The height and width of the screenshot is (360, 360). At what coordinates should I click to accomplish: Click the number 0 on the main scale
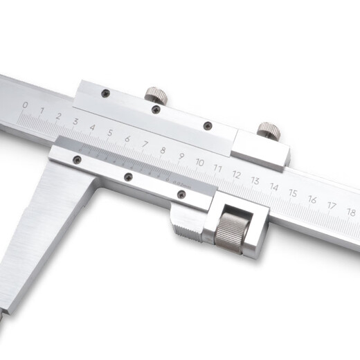pos(26,105)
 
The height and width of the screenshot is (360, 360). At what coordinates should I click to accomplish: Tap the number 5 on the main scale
pos(110,130)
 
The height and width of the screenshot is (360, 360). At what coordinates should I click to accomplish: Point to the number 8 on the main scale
pos(163,150)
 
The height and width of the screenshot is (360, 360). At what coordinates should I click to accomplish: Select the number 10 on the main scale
pos(199,162)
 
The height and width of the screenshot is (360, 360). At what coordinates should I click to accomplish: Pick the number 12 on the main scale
pos(236,174)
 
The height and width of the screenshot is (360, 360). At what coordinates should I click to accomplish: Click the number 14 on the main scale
pos(274,187)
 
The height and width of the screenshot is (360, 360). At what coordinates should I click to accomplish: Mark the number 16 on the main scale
pos(312,199)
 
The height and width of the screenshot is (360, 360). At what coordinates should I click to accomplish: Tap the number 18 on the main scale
pos(350,212)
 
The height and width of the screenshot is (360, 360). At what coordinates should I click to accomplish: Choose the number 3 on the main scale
pos(75,120)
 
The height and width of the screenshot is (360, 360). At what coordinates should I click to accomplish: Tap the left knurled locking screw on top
pos(154,93)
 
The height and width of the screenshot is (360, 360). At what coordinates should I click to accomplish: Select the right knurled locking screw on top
pos(268,129)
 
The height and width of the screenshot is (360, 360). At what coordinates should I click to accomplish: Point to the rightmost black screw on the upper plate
pos(207,125)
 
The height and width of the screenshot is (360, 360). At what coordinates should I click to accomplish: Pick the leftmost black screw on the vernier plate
pos(77,160)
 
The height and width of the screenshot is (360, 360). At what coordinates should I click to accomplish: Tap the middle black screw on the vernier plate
pos(128,177)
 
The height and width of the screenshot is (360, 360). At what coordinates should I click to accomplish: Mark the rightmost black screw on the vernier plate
pos(181,196)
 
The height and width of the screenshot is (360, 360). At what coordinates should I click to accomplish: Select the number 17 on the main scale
pos(332,206)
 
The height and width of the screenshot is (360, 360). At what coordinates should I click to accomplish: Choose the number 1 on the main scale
pos(42,111)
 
